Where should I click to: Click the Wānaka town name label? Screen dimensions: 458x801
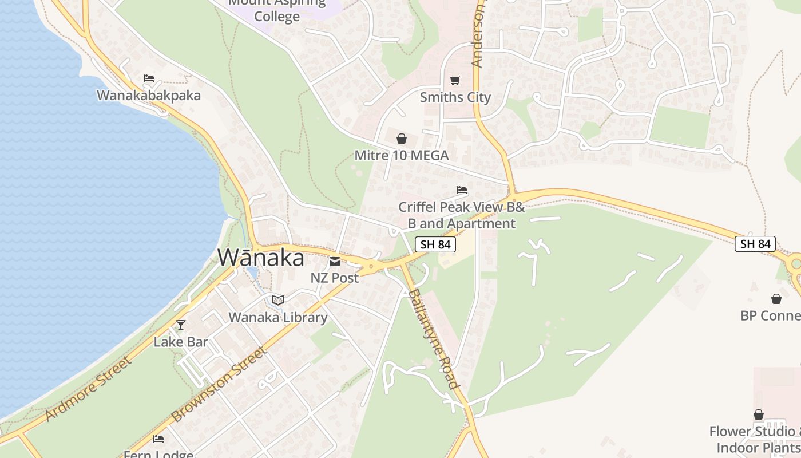(x=260, y=258)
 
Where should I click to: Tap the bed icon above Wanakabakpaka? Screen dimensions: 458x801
(x=149, y=78)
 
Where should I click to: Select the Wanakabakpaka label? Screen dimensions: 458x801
(x=149, y=95)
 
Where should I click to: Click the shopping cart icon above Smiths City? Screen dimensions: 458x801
(x=455, y=80)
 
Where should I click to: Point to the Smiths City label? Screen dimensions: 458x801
(x=455, y=97)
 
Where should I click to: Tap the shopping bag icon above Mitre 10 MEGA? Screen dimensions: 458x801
(x=402, y=139)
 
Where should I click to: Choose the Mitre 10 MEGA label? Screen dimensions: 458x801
(x=402, y=155)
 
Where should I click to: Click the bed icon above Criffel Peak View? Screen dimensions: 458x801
(x=462, y=190)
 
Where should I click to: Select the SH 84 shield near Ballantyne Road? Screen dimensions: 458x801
(x=435, y=244)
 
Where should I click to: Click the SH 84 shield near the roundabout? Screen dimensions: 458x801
(x=755, y=244)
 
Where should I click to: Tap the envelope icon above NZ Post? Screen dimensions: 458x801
(x=335, y=262)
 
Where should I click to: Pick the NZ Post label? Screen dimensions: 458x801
(x=335, y=278)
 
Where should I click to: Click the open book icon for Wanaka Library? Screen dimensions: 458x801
(x=278, y=300)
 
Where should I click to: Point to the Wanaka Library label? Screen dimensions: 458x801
(x=278, y=317)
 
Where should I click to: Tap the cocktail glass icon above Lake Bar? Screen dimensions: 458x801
(x=181, y=325)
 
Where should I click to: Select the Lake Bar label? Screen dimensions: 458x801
(x=181, y=342)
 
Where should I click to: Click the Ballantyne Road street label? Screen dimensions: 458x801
(x=434, y=339)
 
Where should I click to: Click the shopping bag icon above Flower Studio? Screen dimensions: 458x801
(x=759, y=414)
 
